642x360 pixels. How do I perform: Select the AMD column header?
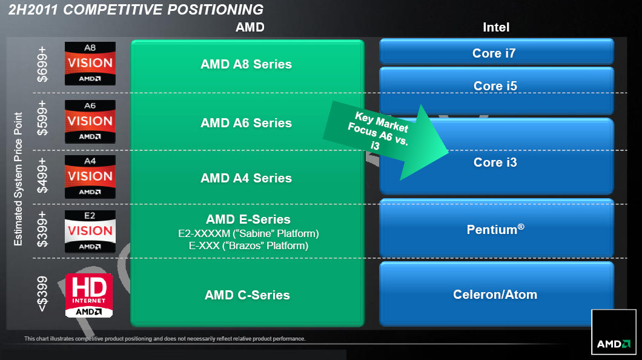coord(250,27)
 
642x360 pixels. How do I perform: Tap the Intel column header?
coord(496,27)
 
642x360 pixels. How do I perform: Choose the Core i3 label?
coord(495,162)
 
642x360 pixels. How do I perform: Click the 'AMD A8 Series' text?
coord(247,64)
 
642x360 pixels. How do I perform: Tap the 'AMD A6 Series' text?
coord(247,123)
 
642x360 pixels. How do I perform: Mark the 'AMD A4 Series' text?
coord(247,178)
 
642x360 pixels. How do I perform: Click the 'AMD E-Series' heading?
coord(248,219)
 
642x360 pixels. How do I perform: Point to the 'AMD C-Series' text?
coord(247,295)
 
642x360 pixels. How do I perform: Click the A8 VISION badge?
coord(90,64)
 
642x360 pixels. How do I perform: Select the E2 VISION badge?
coord(90,231)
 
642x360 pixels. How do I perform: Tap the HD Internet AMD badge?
coord(89,295)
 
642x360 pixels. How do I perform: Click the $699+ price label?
coord(42,62)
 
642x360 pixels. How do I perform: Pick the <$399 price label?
coord(42,295)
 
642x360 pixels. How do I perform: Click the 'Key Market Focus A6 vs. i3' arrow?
coord(388,139)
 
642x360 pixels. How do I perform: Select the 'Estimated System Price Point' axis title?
coord(18,179)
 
